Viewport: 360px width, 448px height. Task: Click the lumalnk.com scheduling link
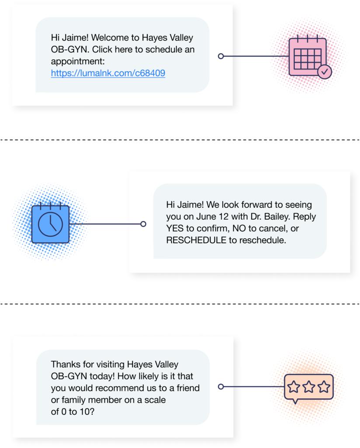pyautogui.click(x=108, y=73)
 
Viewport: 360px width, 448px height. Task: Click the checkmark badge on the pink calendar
pyautogui.click(x=325, y=72)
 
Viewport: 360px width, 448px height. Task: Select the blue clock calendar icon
pyautogui.click(x=50, y=223)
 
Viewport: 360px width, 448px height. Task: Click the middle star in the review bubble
pyautogui.click(x=309, y=387)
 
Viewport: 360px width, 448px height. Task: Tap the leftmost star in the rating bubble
pyautogui.click(x=294, y=387)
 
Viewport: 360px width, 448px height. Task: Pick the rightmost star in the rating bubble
pyautogui.click(x=324, y=387)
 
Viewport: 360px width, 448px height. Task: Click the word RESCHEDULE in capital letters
pyautogui.click(x=196, y=240)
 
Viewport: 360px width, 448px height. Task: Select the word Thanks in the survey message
pyautogui.click(x=66, y=364)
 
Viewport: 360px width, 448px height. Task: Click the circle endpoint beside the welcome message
pyautogui.click(x=221, y=56)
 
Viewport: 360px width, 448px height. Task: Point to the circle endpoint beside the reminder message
pyautogui.click(x=143, y=224)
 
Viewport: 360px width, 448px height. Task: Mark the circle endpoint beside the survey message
pyautogui.click(x=221, y=387)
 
